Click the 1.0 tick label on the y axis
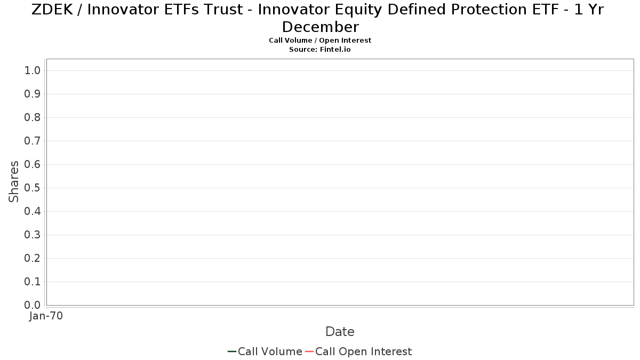(33, 70)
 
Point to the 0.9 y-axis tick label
(33, 94)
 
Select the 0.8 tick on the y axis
(33, 117)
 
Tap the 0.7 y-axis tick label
(33, 141)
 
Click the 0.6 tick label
(33, 164)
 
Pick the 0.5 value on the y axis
(33, 188)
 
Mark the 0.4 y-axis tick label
(33, 211)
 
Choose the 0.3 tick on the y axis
(33, 235)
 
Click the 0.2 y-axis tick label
(33, 258)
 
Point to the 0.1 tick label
(33, 282)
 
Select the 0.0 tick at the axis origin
(33, 305)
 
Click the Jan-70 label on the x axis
(46, 316)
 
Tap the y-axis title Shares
(13, 182)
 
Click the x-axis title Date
(340, 332)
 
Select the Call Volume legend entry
(265, 351)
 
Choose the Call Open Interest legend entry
(358, 351)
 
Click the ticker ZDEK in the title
(52, 10)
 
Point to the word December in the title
(321, 27)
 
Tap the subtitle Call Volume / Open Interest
(320, 41)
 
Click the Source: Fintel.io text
(320, 50)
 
